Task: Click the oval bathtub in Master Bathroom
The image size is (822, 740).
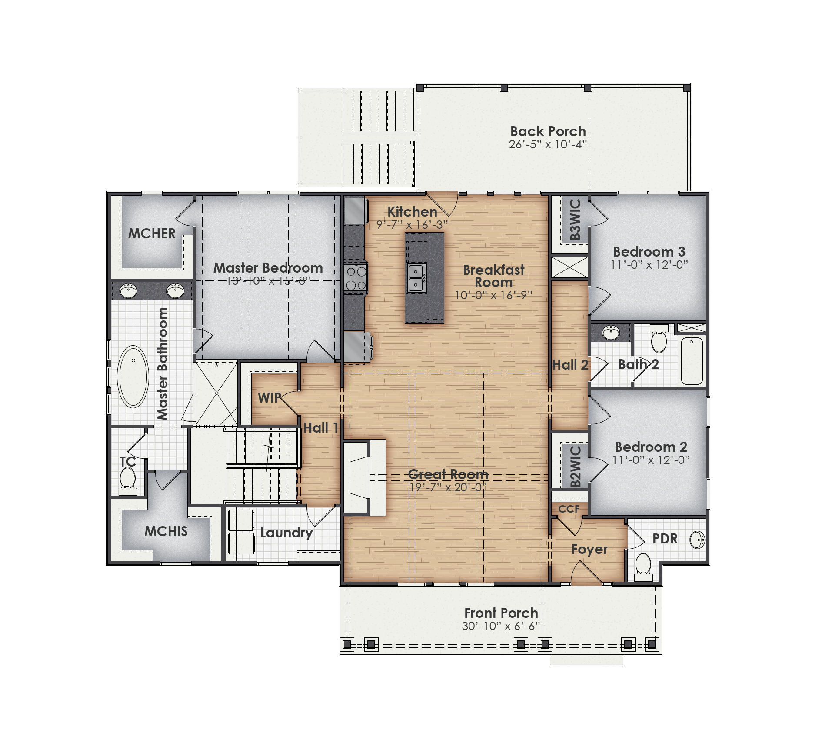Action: pos(133,377)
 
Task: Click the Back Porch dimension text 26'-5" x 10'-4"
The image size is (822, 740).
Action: pos(548,144)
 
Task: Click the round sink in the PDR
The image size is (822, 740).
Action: pos(697,540)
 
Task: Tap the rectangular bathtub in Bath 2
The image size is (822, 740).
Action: pos(692,360)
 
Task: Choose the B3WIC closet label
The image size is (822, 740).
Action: pos(575,220)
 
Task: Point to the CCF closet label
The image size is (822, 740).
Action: pos(569,509)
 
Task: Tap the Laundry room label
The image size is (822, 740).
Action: pos(286,533)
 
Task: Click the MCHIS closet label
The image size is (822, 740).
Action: pos(166,531)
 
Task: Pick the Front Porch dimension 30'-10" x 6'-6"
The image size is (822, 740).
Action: pos(501,626)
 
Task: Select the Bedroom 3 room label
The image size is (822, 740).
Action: pos(649,252)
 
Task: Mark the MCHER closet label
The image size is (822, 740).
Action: pos(152,233)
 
